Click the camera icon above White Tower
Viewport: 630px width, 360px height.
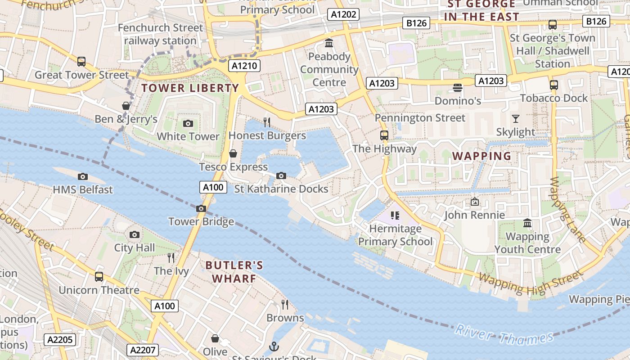[x=188, y=123]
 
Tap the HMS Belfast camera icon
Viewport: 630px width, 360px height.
[x=83, y=176]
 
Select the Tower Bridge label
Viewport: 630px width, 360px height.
[x=201, y=221]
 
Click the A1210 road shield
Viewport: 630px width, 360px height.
[x=244, y=66]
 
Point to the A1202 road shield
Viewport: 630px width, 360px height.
[x=343, y=14]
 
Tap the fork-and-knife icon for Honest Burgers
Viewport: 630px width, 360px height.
[x=267, y=122]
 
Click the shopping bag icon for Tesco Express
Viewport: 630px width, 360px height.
[x=233, y=154]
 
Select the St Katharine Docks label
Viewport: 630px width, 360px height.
[x=281, y=189]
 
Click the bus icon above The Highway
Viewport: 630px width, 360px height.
[x=384, y=135]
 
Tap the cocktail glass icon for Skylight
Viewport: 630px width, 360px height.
[x=516, y=119]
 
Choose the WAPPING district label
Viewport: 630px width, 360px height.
[x=481, y=156]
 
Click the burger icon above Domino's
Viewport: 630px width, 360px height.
[x=458, y=87]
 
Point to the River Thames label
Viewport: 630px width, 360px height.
[x=504, y=334]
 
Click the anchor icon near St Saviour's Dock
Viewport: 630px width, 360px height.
[x=274, y=346]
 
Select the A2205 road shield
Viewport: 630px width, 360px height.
[x=60, y=339]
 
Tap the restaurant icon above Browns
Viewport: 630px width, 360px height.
[x=285, y=305]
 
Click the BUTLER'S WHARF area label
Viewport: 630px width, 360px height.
[x=234, y=272]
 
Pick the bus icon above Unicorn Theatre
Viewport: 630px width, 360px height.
[x=99, y=277]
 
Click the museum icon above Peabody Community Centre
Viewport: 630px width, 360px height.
[x=329, y=43]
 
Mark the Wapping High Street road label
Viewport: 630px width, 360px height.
[x=531, y=281]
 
